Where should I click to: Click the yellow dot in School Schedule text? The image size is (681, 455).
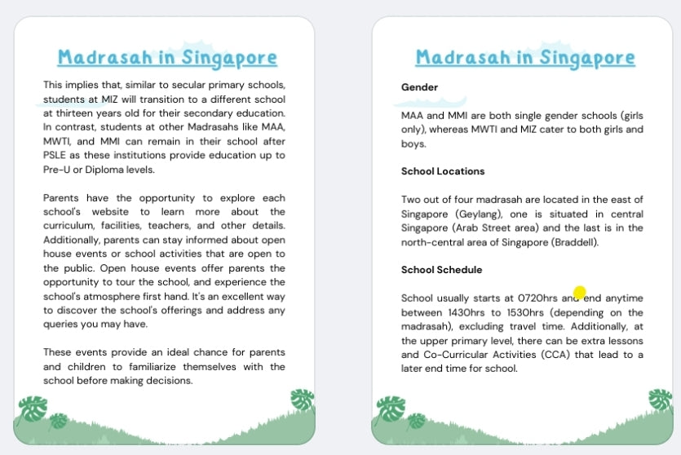[580, 292]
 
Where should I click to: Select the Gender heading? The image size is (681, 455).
[419, 87]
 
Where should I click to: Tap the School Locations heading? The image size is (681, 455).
[443, 171]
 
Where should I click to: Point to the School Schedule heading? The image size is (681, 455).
[441, 270]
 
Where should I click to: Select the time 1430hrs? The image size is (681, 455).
[467, 312]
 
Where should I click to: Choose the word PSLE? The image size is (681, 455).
[56, 156]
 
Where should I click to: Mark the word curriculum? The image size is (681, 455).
[69, 226]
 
